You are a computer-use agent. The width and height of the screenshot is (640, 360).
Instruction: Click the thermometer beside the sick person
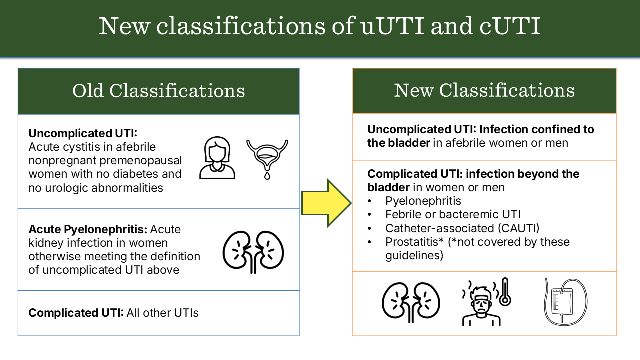pos(505,291)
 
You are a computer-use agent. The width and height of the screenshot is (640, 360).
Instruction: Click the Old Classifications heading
pos(159,91)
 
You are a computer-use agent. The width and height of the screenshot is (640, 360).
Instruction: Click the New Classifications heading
pos(484,90)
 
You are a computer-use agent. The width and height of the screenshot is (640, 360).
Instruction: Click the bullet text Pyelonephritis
pos(423,201)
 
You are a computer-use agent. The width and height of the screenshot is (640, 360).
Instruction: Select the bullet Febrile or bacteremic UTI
pos(453,214)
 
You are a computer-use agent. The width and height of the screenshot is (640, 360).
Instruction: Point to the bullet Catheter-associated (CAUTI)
pos(462,228)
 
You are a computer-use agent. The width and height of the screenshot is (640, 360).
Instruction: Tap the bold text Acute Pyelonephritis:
pos(88,229)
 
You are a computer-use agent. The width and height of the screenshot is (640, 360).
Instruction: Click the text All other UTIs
pos(162,313)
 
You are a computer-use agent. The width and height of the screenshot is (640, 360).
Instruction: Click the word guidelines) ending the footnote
pos(414,255)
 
